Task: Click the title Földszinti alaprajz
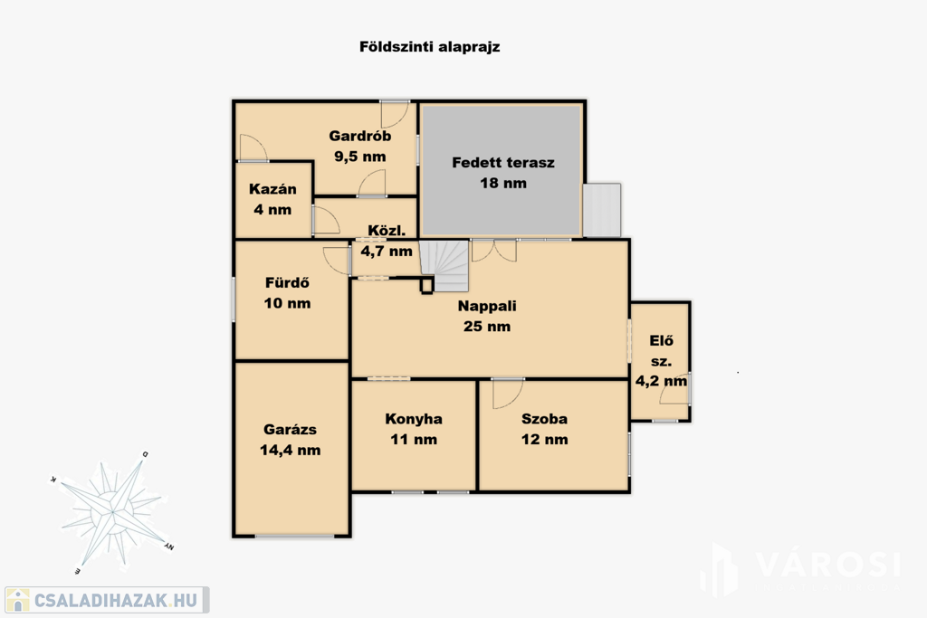(x=430, y=47)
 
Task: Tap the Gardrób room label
(x=360, y=136)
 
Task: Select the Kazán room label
(x=272, y=189)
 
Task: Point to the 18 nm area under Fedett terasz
(x=503, y=183)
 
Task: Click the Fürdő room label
(x=287, y=282)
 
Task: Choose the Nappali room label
(x=487, y=306)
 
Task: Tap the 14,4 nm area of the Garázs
(x=291, y=451)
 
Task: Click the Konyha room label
(x=414, y=419)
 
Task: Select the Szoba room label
(x=544, y=419)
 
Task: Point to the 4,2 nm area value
(x=661, y=381)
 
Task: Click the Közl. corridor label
(x=387, y=231)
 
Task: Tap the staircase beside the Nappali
(x=444, y=265)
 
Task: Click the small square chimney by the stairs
(x=426, y=286)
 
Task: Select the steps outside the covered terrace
(x=602, y=210)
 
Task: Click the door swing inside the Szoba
(x=507, y=394)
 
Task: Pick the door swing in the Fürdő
(x=337, y=260)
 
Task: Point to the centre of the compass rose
(x=111, y=511)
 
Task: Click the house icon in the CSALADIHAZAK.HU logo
(x=18, y=600)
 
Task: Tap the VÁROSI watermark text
(x=828, y=565)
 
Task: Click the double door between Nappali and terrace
(x=494, y=251)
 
